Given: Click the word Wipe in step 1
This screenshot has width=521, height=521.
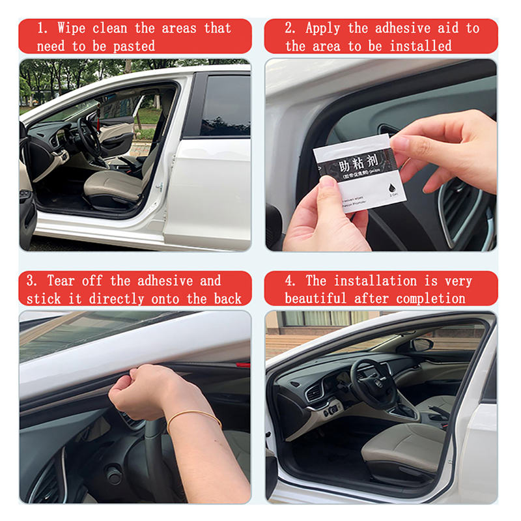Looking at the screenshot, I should pos(71,28).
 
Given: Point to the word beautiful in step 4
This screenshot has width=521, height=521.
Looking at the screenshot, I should pos(315,298).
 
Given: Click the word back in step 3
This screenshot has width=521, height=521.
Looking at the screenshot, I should pos(227,298).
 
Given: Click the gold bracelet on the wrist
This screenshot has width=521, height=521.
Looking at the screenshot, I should pos(193,417).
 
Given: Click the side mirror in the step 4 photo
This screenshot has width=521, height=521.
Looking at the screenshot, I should pos(421,344).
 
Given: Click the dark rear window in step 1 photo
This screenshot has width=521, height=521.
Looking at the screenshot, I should pos(225,104).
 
